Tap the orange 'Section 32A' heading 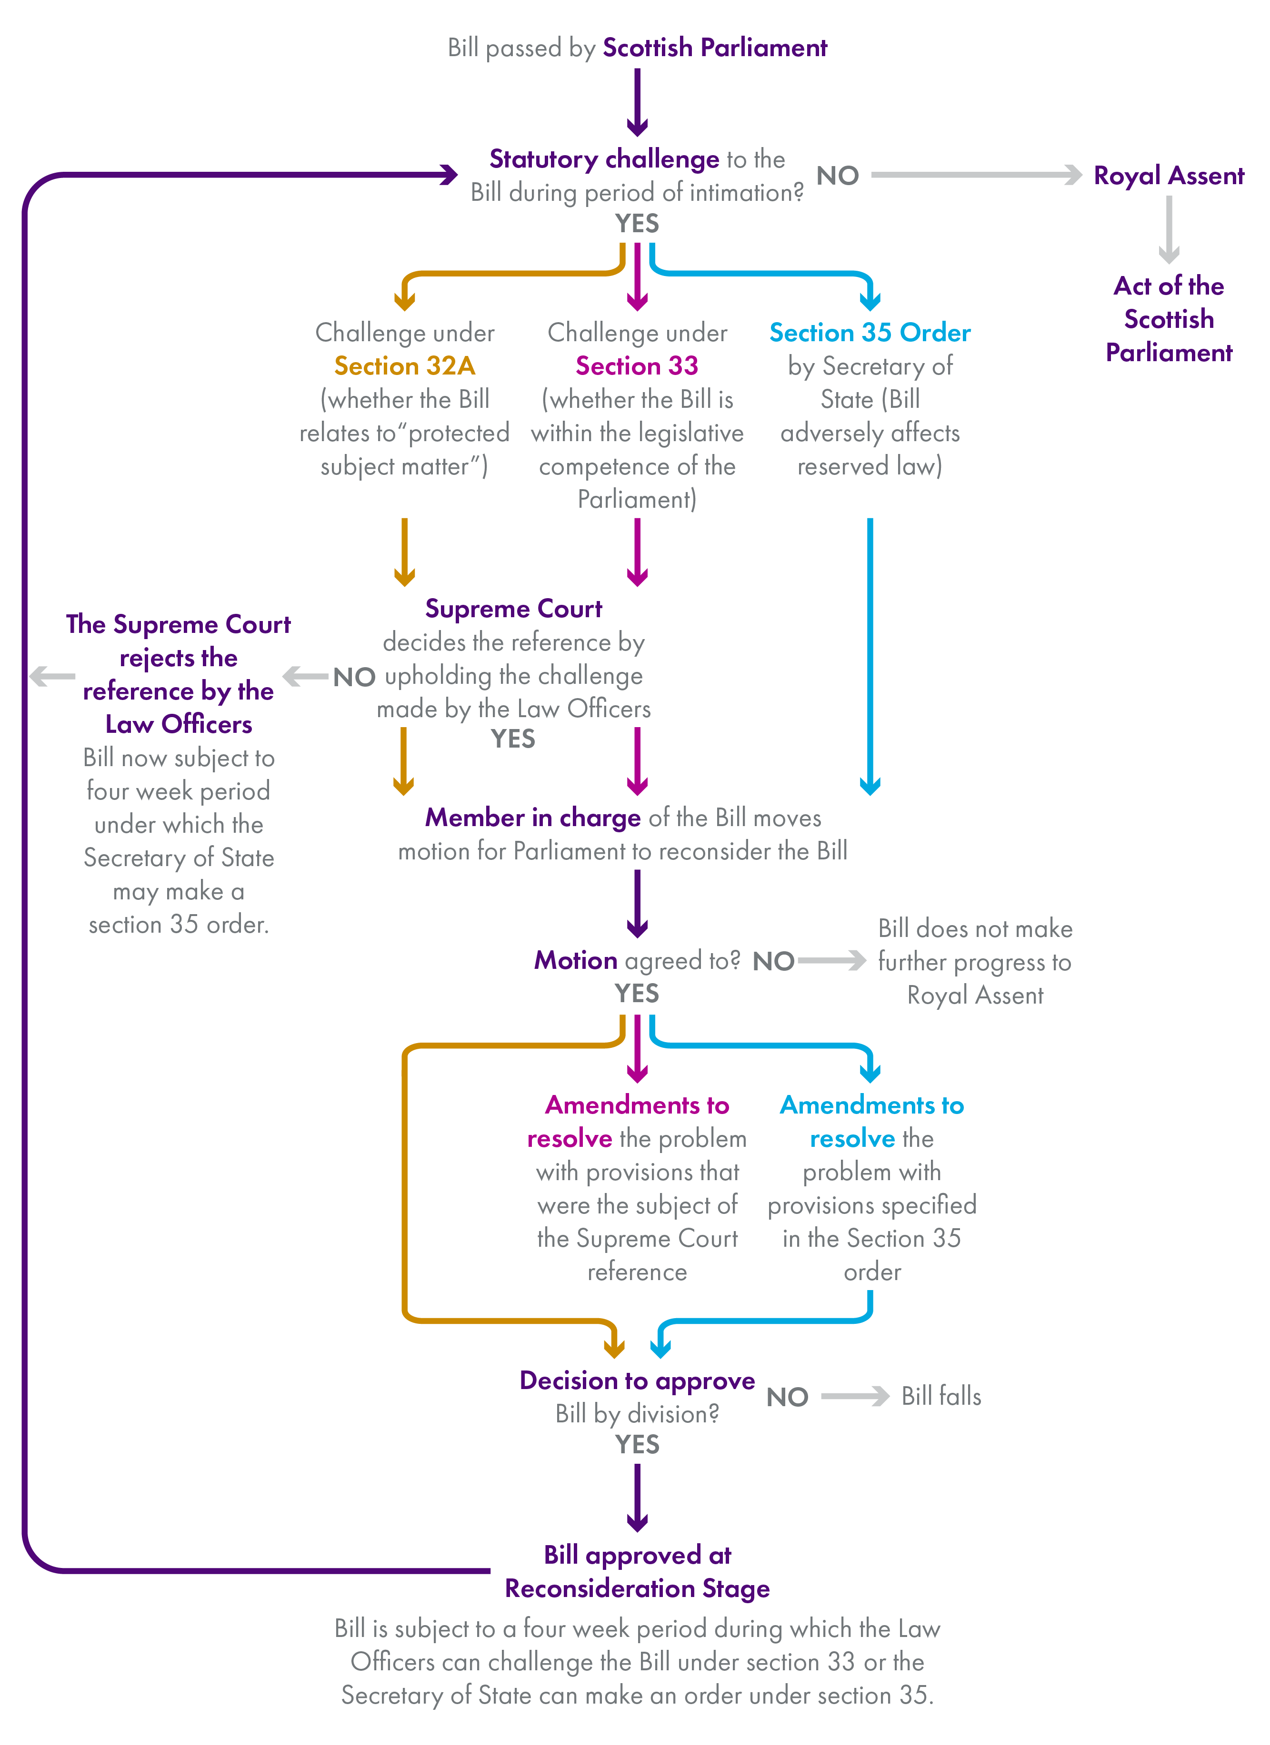click(x=404, y=365)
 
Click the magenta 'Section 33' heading click(x=637, y=365)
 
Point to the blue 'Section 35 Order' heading click(x=870, y=332)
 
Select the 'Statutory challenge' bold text click(x=604, y=159)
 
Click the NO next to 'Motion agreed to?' click(x=773, y=961)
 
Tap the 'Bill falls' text click(x=940, y=1396)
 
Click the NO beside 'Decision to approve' click(x=787, y=1397)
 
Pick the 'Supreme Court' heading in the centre click(x=513, y=609)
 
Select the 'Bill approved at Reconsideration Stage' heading click(x=637, y=1571)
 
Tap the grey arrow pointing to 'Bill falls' click(x=854, y=1396)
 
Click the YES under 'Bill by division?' click(x=637, y=1444)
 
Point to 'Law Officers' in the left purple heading click(x=179, y=724)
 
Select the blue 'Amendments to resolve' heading click(x=871, y=1121)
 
